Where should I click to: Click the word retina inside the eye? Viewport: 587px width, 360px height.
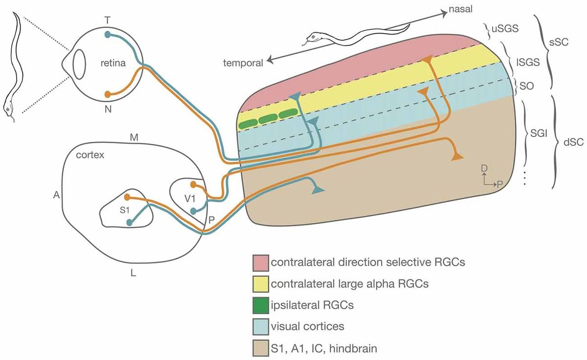click(114, 63)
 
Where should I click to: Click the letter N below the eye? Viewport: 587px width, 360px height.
click(108, 110)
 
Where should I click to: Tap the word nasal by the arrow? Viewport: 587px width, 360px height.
click(462, 9)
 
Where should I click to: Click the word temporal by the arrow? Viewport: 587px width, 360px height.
click(243, 62)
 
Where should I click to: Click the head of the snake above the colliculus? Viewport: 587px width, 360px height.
click(313, 37)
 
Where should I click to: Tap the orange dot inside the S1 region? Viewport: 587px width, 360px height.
click(127, 198)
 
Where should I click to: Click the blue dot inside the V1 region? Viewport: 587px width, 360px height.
click(194, 211)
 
